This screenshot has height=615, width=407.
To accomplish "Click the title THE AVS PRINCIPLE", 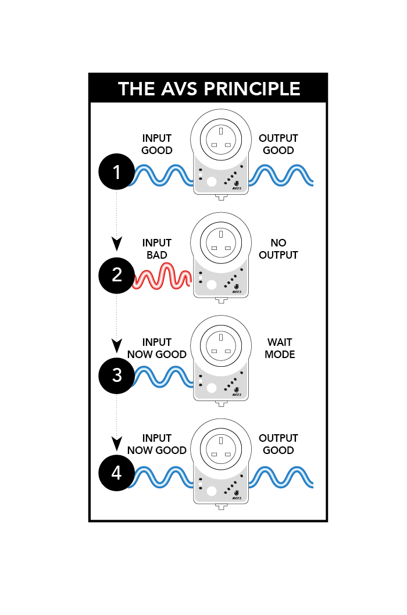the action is pos(209,88).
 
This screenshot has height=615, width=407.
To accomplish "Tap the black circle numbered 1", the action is pos(116,172).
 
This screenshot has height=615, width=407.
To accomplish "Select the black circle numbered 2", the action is pos(116,276).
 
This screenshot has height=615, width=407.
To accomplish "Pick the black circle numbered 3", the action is pos(116,376).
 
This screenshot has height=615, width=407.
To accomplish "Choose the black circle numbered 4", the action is pos(116,473).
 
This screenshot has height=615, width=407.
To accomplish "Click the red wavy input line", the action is pos(162,277).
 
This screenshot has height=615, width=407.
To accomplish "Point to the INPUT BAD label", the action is pos(156,249).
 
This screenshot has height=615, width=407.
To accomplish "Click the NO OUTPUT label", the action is pos(279,249).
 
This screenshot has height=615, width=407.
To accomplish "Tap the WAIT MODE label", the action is pos(280,348).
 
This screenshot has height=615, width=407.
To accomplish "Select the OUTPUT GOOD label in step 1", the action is pos(279,144).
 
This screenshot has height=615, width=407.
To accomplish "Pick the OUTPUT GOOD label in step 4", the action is pos(279,444).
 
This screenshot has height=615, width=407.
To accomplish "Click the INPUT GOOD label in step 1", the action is pos(156,144).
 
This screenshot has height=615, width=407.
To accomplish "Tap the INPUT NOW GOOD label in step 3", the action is pos(156,348).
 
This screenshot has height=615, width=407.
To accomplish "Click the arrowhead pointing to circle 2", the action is pos(116,244).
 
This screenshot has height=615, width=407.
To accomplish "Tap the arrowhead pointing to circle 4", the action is pos(116,444).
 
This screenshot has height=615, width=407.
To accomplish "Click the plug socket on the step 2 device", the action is pos(221,243).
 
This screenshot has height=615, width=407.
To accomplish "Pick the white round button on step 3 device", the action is pos(212,388).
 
